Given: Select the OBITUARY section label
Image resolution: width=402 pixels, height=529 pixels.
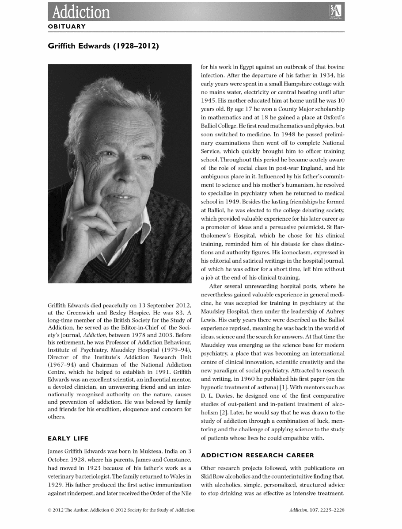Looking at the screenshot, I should click(66, 27).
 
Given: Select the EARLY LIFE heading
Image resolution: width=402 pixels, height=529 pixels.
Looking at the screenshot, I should click(68, 439).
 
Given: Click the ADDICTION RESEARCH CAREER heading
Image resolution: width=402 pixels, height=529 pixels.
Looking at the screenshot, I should click(258, 455).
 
